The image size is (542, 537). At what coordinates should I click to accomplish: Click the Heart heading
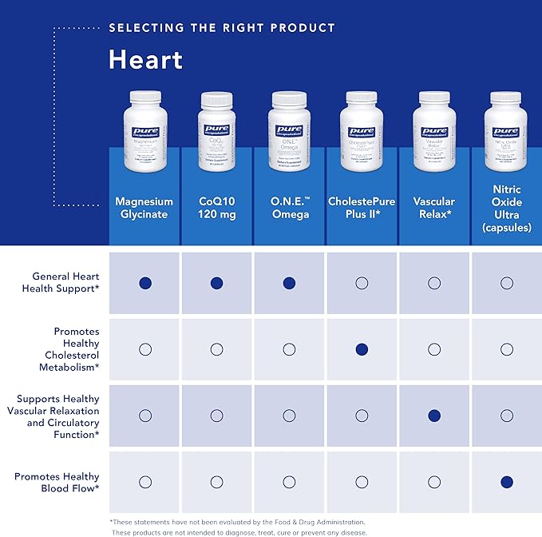tap(145, 59)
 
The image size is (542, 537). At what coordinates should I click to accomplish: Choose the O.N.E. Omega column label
tap(289, 208)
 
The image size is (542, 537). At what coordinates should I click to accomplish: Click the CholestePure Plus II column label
tap(362, 208)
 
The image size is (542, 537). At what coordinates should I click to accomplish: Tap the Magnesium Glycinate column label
tap(144, 208)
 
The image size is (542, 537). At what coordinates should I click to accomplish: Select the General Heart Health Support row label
tap(61, 282)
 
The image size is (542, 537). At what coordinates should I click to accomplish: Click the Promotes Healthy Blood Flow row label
tap(57, 483)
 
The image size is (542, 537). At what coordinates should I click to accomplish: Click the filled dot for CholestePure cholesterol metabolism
tap(362, 349)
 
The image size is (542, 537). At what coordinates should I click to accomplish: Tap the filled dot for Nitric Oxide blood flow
tap(506, 482)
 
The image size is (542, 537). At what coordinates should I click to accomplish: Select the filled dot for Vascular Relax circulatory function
tap(434, 416)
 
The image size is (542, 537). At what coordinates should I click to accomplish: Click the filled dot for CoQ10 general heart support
tap(217, 283)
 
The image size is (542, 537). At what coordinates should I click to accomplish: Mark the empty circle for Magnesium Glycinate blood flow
tap(144, 482)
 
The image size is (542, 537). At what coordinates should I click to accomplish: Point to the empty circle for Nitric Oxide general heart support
tap(506, 283)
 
